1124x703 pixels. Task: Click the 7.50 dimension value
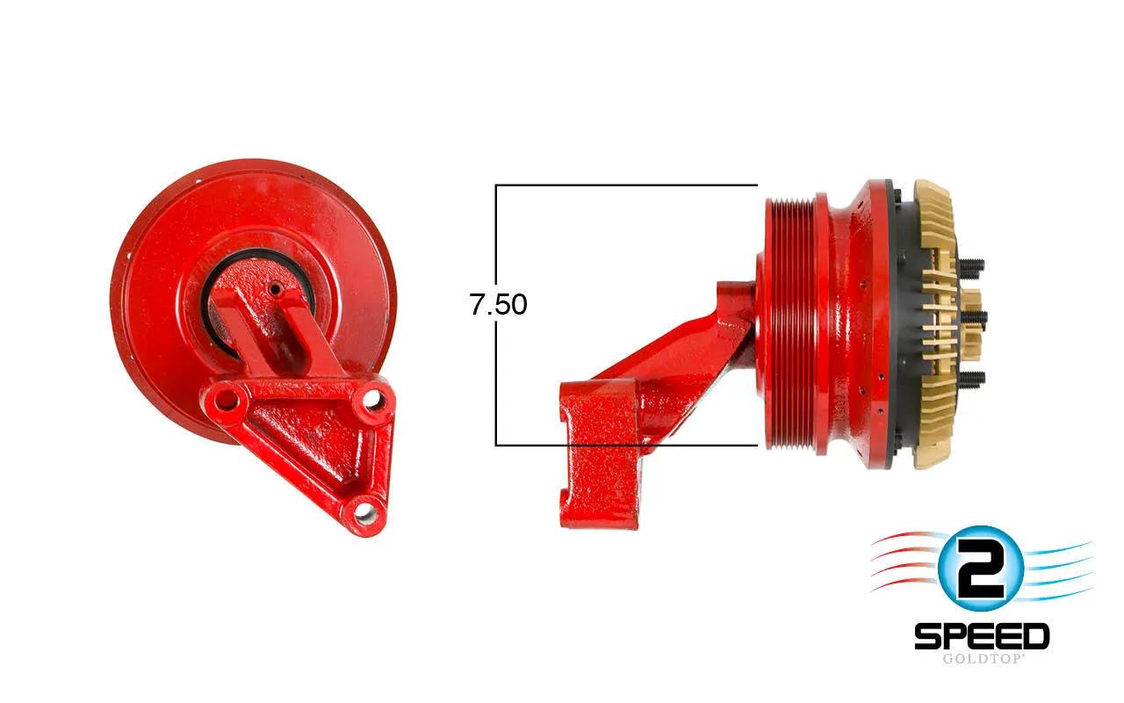(x=498, y=304)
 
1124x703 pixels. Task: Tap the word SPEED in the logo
(x=982, y=636)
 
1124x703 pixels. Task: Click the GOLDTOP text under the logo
(x=982, y=658)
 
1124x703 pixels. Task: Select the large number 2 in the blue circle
(x=980, y=569)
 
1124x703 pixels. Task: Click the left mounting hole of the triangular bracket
(x=227, y=400)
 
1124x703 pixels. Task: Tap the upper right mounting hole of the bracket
(x=371, y=400)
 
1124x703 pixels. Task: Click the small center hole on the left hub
(x=275, y=289)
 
